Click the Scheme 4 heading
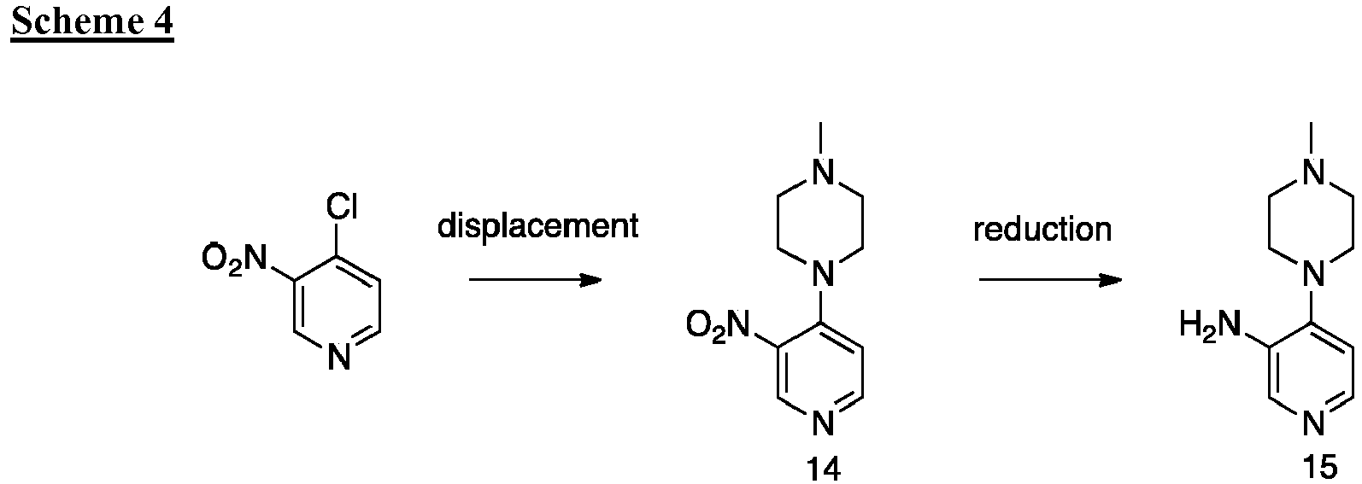pyautogui.click(x=92, y=22)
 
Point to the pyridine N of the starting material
pyautogui.click(x=339, y=357)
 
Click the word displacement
pyautogui.click(x=538, y=226)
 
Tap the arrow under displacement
pyautogui.click(x=535, y=280)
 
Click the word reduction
pyautogui.click(x=1042, y=229)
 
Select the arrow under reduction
pyautogui.click(x=1050, y=280)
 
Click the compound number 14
pyautogui.click(x=823, y=469)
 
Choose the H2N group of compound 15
pyautogui.click(x=1209, y=325)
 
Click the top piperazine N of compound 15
pyautogui.click(x=1313, y=172)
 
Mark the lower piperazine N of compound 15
pyautogui.click(x=1313, y=274)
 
